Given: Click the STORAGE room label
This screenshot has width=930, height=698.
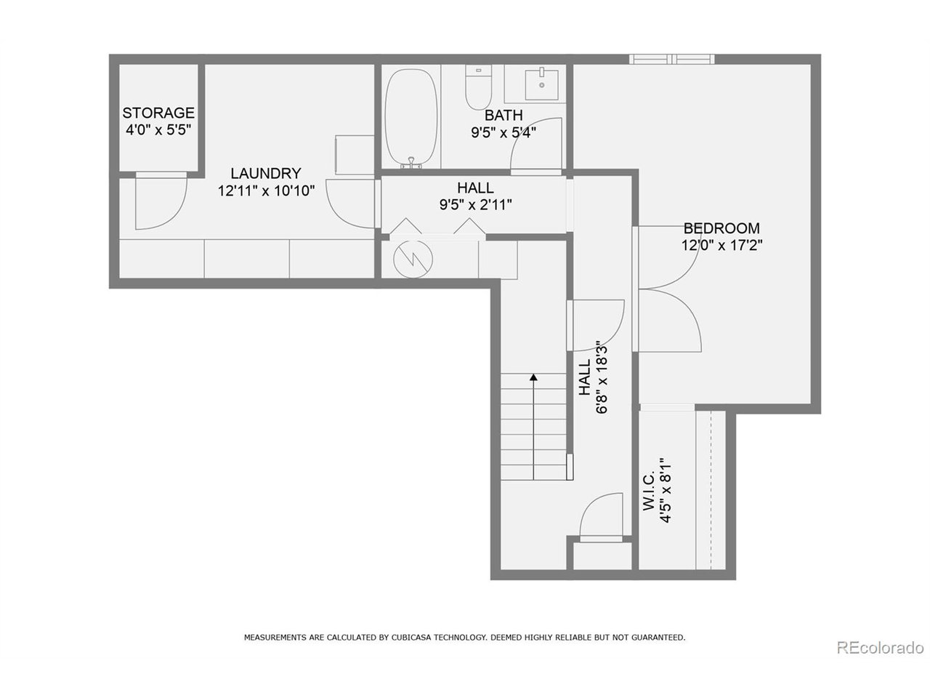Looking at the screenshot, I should point(158,113).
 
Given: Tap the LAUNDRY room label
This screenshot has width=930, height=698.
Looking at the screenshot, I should point(265,174).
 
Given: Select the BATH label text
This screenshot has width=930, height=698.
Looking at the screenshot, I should point(504,116).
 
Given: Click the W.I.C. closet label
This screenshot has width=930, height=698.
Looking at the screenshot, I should point(650,492).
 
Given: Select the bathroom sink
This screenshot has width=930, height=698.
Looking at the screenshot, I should point(542,84).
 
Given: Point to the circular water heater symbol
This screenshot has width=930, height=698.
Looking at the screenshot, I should point(412,257).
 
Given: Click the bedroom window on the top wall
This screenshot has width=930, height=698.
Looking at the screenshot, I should point(672,59).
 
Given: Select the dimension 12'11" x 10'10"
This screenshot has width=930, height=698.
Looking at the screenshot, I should point(265,191).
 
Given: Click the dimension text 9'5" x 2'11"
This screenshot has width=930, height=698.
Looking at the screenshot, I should point(475,205).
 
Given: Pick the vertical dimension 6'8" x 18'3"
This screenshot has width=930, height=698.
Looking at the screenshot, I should point(601,377).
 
